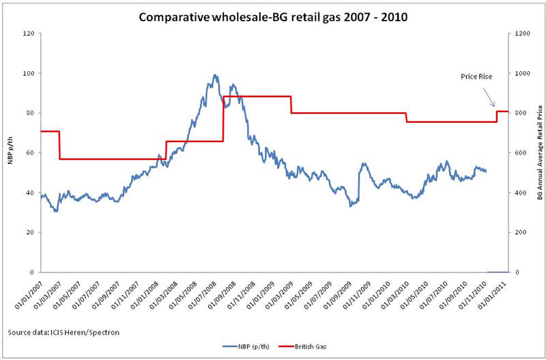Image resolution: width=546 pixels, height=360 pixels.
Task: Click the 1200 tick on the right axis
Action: [522, 33]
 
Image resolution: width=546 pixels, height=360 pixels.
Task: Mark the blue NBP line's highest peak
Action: [215, 75]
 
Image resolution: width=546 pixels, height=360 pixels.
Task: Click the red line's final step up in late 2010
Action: [497, 116]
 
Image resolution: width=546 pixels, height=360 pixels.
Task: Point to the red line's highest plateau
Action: [257, 96]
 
